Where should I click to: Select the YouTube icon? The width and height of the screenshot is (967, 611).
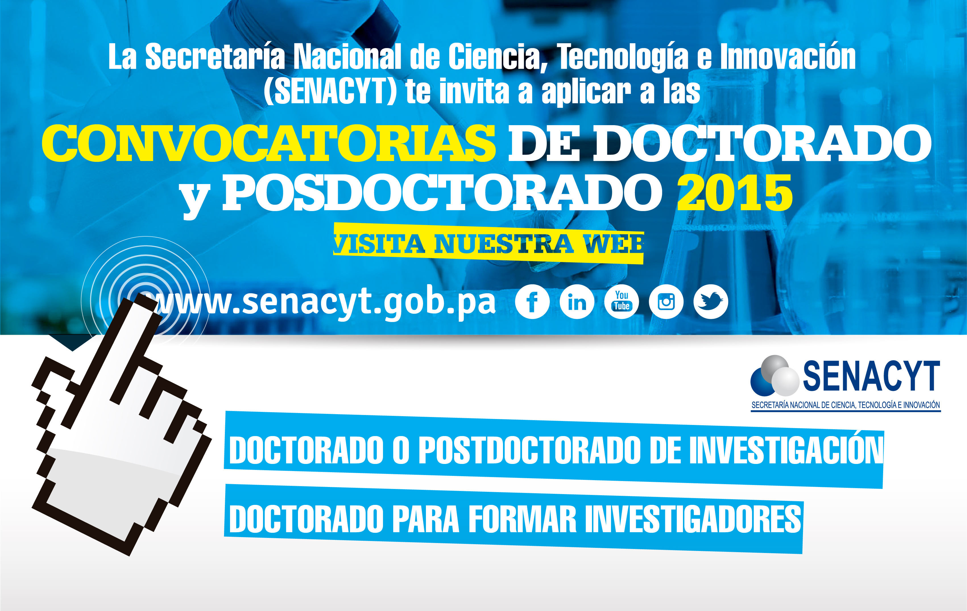(x=621, y=302)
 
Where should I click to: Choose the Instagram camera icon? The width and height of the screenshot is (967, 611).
(x=666, y=302)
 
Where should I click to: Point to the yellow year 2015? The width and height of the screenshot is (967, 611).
(x=734, y=193)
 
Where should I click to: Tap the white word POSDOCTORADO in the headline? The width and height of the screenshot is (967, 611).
(x=442, y=193)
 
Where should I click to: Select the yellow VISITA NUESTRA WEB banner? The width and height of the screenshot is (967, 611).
(x=488, y=243)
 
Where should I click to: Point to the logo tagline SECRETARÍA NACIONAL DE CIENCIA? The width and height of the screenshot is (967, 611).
(x=845, y=405)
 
